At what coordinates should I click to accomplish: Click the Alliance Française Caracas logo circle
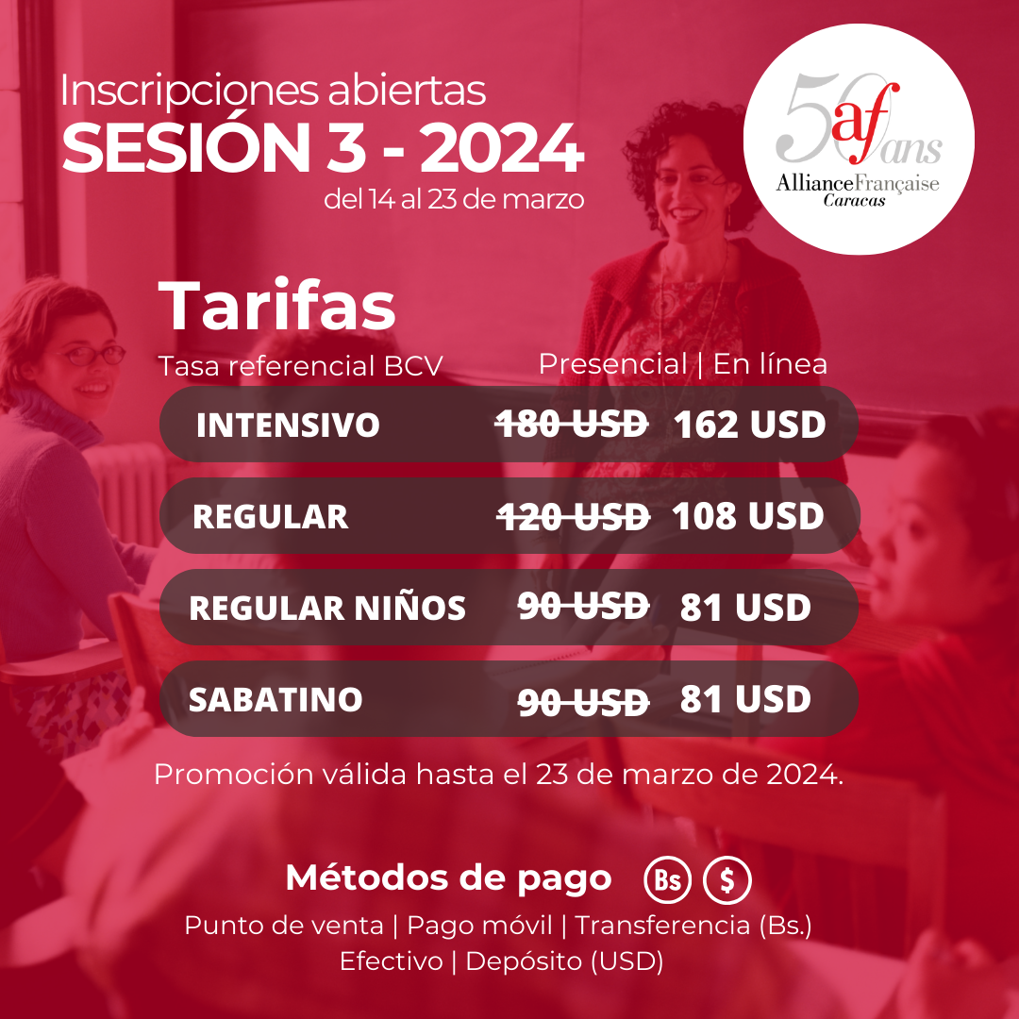(x=859, y=139)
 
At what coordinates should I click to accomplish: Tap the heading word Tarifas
(x=276, y=306)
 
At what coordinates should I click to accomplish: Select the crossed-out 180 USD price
(x=572, y=425)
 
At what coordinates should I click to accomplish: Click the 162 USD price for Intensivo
(x=750, y=425)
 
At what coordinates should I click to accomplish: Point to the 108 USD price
(x=748, y=516)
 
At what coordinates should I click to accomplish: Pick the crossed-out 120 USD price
(x=574, y=517)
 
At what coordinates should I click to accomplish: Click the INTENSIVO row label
(x=288, y=425)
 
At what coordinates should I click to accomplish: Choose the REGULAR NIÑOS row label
(x=327, y=608)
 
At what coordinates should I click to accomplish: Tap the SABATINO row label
(x=276, y=699)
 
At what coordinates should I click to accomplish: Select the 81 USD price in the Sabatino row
(x=746, y=699)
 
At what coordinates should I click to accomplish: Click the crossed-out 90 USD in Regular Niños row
(x=584, y=607)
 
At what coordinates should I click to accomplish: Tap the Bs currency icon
(x=667, y=880)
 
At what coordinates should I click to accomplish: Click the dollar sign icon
(x=727, y=880)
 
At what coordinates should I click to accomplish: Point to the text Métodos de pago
(x=448, y=878)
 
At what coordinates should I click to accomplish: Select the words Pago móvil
(x=479, y=926)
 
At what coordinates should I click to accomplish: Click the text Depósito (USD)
(x=565, y=961)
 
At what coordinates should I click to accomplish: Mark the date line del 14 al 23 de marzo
(x=454, y=199)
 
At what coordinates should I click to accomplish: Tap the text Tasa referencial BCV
(x=300, y=366)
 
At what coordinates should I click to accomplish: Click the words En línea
(x=770, y=364)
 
